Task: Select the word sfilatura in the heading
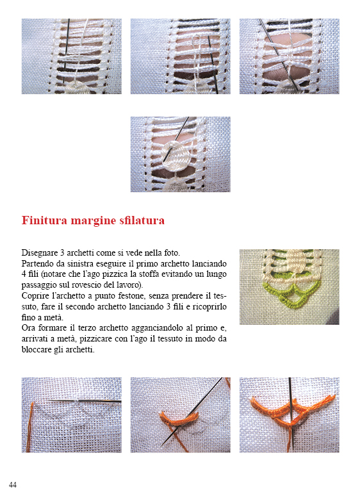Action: click(141, 221)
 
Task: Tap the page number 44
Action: click(13, 484)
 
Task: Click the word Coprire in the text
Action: click(36, 296)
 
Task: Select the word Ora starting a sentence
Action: click(29, 328)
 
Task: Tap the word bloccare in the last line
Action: click(40, 350)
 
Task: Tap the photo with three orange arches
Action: click(289, 415)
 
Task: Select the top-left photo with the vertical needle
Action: click(71, 56)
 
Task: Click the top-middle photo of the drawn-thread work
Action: click(180, 56)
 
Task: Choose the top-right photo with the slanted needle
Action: click(289, 56)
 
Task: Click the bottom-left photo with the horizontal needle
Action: click(71, 415)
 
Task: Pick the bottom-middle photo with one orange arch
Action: click(180, 415)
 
